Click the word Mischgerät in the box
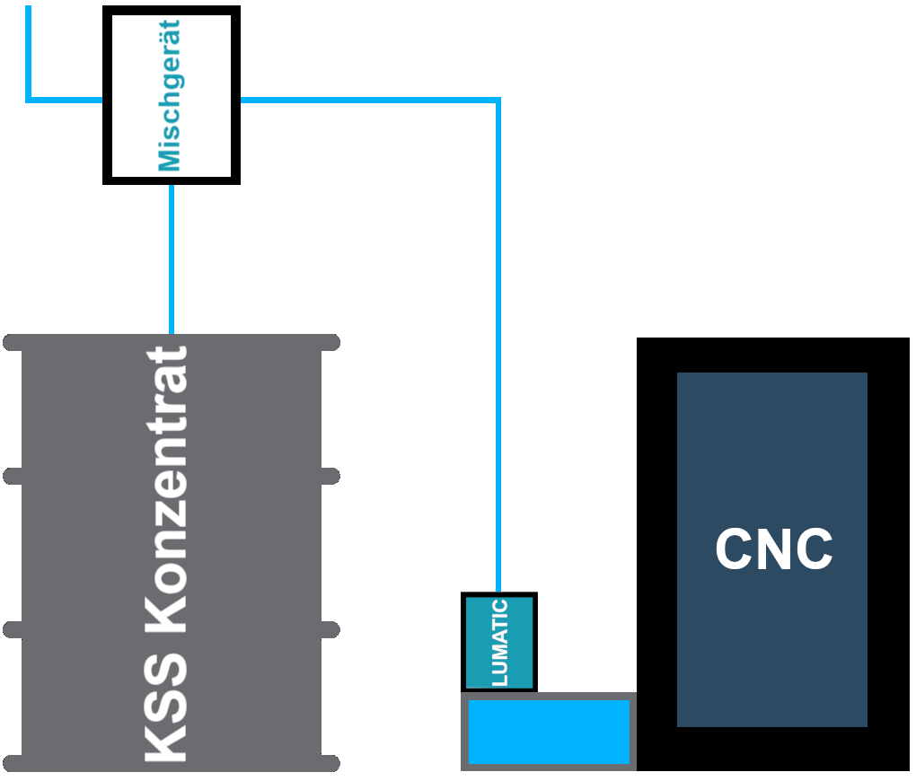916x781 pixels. coord(170,96)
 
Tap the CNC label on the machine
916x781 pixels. coord(774,548)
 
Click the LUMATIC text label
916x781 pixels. coord(499,643)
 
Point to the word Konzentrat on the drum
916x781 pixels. coord(166,490)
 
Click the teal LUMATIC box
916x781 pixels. coord(499,642)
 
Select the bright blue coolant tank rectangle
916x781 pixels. coord(549,732)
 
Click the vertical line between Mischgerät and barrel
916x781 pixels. coord(172,259)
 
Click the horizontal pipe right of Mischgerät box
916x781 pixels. coord(369,101)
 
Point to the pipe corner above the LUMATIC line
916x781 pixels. coord(498,101)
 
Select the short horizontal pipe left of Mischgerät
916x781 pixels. coord(66,100)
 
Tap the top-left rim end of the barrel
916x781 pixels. coord(8,342)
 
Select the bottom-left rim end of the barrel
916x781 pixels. coord(8,763)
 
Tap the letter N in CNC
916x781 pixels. coord(774,548)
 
